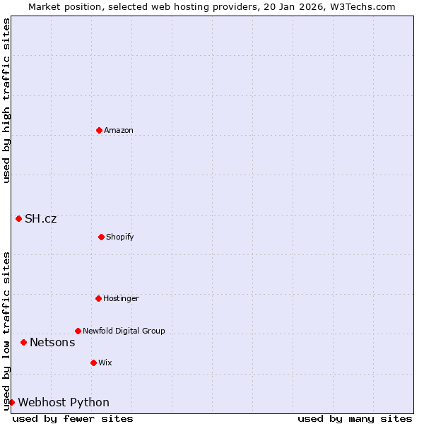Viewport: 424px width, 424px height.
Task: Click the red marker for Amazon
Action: tap(99, 130)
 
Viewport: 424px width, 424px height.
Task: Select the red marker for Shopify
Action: tap(101, 237)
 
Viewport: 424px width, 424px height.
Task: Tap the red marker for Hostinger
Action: tap(98, 298)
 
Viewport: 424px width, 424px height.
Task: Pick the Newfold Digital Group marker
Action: tap(78, 331)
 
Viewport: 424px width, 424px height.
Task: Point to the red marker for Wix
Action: tap(93, 363)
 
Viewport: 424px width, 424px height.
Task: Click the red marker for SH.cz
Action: tap(18, 218)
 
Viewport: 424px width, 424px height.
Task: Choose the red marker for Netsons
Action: tap(23, 342)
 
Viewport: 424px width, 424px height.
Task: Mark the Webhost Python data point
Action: tap(11, 402)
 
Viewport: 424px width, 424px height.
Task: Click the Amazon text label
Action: tap(119, 130)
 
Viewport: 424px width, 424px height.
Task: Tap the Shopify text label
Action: tap(120, 237)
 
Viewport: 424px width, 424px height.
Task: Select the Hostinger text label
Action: tap(121, 298)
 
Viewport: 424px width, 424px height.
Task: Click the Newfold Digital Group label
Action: tap(124, 331)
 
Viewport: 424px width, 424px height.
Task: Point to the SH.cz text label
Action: tap(41, 218)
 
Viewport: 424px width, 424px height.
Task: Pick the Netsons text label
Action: tap(52, 342)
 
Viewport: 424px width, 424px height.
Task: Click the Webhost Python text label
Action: tap(64, 402)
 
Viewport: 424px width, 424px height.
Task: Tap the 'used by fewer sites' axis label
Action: tap(73, 418)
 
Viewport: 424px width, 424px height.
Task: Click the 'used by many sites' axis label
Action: tap(355, 418)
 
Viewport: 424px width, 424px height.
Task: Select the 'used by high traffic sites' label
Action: tap(6, 101)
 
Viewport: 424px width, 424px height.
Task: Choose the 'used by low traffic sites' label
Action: tap(6, 331)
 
